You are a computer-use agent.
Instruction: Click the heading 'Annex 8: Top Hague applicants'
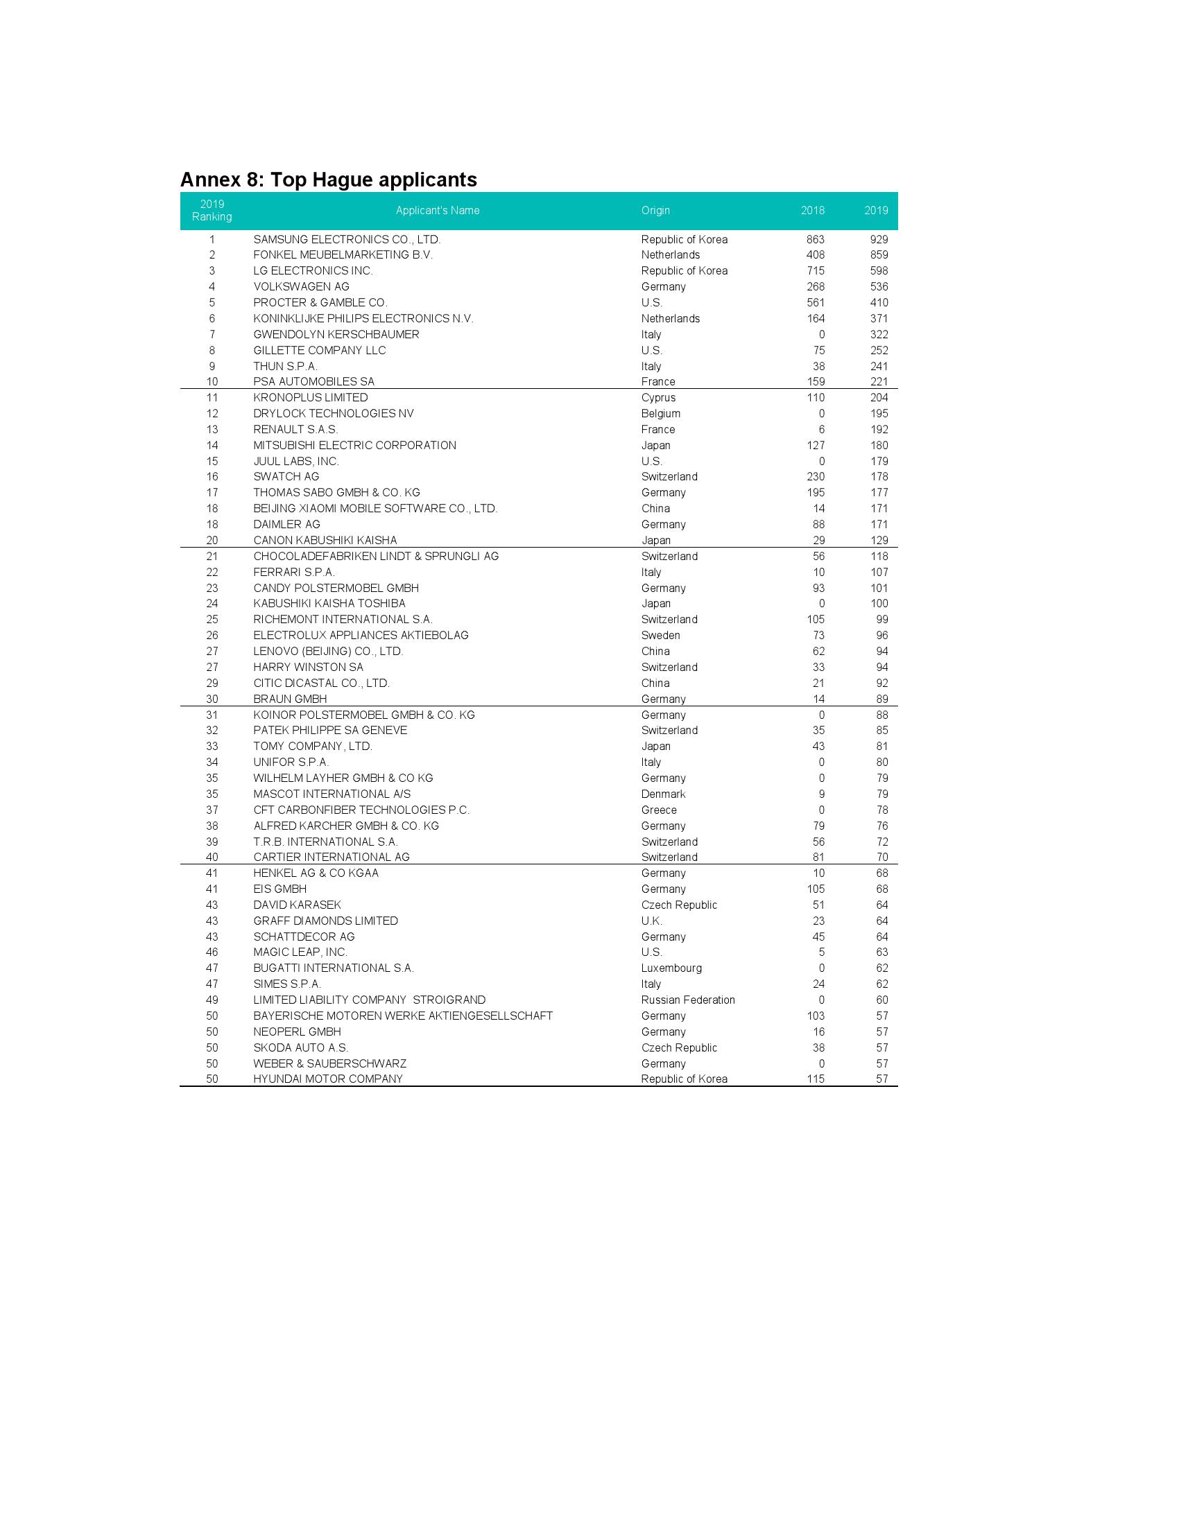point(328,180)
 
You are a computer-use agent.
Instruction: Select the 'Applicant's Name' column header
point(437,210)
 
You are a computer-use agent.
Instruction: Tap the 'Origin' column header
point(655,210)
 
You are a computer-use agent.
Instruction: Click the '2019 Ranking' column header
point(212,210)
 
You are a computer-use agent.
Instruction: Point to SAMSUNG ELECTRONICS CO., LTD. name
point(347,240)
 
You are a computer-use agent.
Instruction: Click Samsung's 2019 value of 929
point(879,240)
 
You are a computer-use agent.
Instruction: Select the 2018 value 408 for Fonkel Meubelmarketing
point(815,255)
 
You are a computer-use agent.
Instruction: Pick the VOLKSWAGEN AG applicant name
point(301,286)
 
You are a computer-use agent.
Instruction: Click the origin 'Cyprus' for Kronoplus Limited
point(658,397)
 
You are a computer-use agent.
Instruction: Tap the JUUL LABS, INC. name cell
point(296,461)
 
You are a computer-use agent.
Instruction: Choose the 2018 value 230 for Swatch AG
point(815,476)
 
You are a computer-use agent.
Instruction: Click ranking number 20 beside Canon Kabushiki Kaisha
point(212,540)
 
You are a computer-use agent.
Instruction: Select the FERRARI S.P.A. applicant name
point(294,572)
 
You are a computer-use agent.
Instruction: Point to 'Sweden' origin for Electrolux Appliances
point(660,636)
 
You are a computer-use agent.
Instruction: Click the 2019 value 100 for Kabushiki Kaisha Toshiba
point(879,603)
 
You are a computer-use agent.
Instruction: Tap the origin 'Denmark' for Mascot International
point(663,794)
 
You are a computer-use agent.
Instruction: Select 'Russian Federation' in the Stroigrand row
point(688,1000)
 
